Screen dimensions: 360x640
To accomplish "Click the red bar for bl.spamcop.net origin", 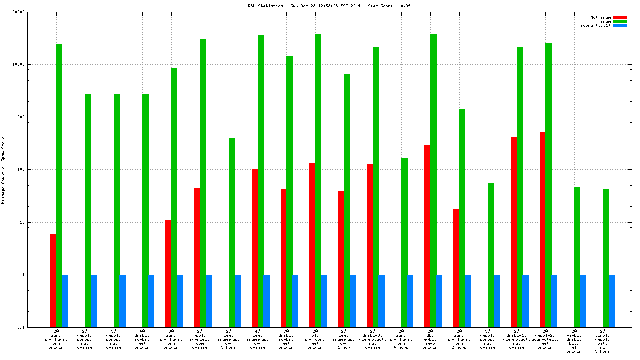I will pos(312,245).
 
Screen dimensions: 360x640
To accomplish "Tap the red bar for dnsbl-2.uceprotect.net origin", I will pos(542,230).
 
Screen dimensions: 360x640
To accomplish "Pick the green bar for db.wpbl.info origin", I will pos(433,180).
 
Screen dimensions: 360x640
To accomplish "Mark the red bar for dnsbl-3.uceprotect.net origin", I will pos(370,245).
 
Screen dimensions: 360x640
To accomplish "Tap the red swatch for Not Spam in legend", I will pos(620,17).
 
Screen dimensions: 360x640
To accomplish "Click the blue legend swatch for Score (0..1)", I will pos(620,25).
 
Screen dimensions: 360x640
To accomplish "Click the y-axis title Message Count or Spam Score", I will pos(3,170).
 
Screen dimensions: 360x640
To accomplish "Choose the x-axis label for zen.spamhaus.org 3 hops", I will pos(229,339).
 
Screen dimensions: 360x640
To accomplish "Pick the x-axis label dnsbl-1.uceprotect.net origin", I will pos(517,339).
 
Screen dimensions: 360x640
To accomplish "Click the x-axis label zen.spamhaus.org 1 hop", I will pos(344,339).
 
